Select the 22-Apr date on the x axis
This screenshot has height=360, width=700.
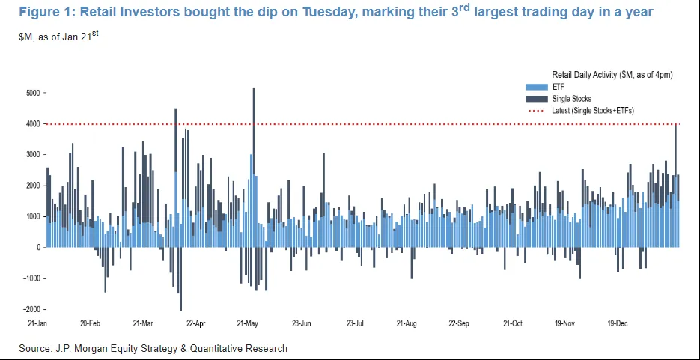tap(195, 324)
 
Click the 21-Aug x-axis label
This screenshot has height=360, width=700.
tap(407, 324)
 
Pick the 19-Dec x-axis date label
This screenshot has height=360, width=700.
tap(618, 324)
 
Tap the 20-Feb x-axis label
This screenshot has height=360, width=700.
tap(90, 324)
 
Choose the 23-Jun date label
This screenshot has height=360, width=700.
tap(301, 324)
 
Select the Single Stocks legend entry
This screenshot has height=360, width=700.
tap(571, 99)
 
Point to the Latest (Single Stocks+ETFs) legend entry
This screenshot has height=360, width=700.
tap(593, 111)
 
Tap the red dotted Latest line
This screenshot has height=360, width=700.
tap(374, 124)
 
